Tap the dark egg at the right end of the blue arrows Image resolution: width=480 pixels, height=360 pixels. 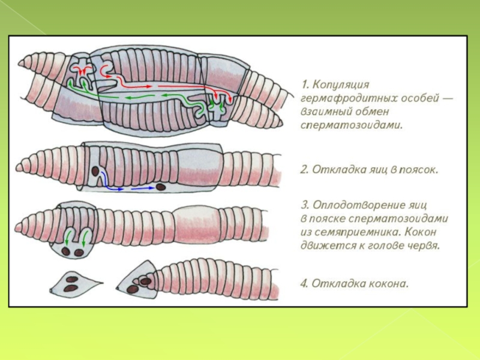pos(161,187)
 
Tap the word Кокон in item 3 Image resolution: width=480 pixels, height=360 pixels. pos(424,232)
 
